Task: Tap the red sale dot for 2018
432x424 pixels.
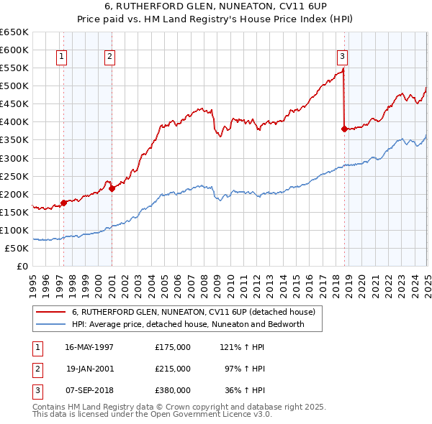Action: point(344,129)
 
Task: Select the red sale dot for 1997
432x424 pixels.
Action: point(63,203)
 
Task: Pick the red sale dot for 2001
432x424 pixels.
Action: point(112,188)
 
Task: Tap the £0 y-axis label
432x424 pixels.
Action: point(22,266)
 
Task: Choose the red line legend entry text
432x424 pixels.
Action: point(193,312)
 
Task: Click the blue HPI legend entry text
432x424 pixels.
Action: point(188,324)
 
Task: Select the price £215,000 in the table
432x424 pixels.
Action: point(173,369)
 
